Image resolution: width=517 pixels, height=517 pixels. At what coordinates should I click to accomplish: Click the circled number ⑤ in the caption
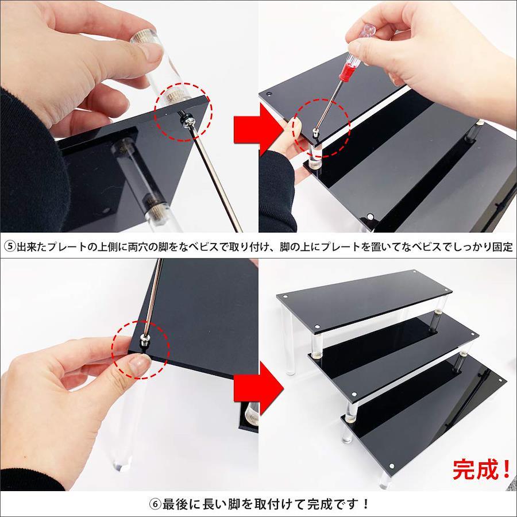(10, 246)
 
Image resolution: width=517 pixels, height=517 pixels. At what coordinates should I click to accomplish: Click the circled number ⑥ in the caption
(155, 504)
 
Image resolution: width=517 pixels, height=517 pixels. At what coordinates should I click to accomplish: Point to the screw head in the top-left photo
(186, 122)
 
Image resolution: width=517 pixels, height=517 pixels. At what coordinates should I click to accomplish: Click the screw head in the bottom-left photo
(144, 340)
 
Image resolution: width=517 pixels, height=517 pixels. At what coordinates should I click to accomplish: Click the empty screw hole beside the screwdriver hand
(269, 94)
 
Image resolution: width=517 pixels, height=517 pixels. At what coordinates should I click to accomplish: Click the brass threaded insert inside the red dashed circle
(173, 97)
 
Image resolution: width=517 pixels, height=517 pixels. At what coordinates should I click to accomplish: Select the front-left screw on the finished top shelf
(317, 326)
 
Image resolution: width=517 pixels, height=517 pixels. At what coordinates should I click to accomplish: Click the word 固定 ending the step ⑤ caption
(502, 246)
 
